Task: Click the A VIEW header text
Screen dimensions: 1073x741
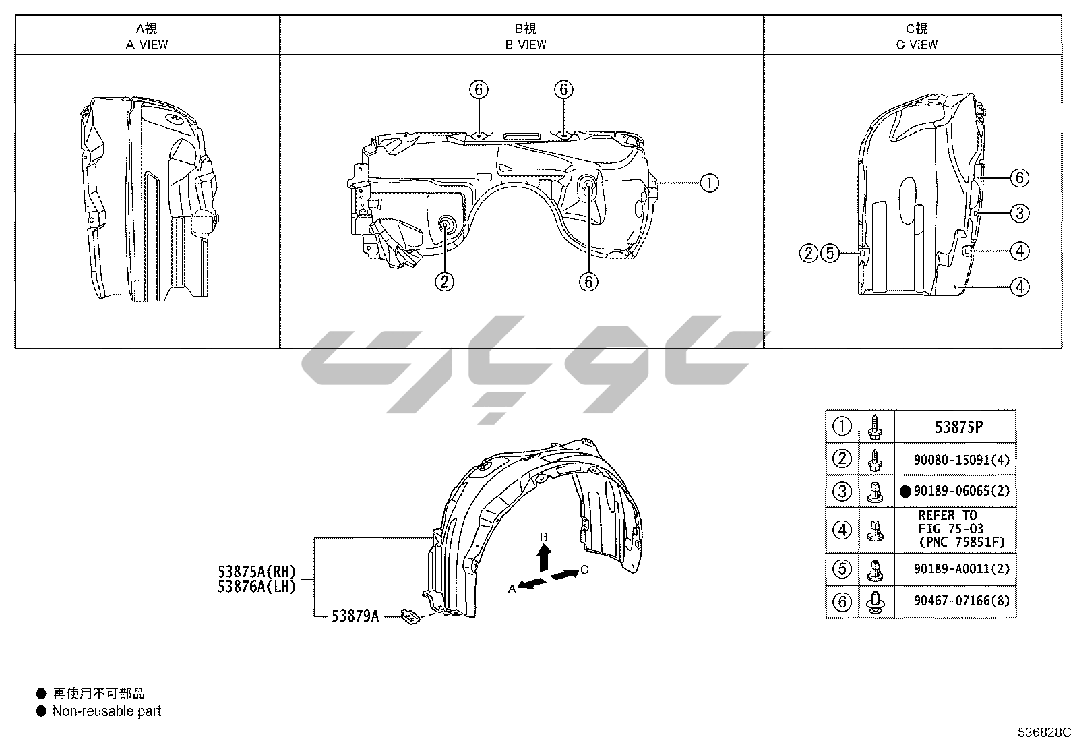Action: point(147,45)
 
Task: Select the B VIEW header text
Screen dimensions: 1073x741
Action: point(526,45)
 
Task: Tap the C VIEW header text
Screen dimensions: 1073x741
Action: point(917,45)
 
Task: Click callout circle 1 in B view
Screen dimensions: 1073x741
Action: point(710,183)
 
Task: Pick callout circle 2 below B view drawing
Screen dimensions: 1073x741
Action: point(445,281)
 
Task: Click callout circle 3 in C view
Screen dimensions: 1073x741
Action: point(1020,213)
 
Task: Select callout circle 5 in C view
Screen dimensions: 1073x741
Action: point(830,253)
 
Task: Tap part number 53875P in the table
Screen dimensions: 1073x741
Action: point(959,427)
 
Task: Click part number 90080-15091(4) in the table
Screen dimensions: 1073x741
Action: point(961,460)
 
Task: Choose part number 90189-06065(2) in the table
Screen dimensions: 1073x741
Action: point(961,491)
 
